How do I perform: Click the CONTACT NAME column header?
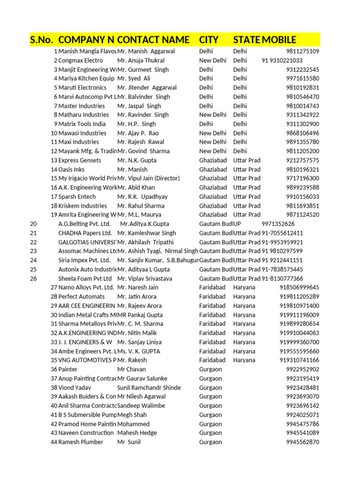coord(153,39)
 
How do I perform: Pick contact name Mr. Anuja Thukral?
coord(141,60)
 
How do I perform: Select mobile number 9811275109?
coord(302,52)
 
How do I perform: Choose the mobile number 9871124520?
coord(302,215)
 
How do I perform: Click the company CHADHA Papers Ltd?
coord(85,233)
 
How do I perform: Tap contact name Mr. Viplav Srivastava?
coord(145,278)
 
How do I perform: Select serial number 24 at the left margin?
coord(33,260)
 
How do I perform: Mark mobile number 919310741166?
coord(299,360)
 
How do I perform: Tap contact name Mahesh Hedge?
coord(137,433)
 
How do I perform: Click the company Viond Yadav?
coord(75,388)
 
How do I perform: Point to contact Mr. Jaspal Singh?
coord(139,106)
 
